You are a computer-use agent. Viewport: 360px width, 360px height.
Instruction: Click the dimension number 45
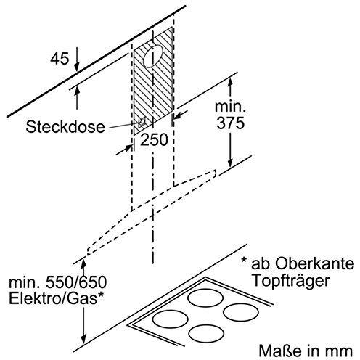click(60, 59)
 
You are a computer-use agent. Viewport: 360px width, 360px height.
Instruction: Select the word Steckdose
click(65, 126)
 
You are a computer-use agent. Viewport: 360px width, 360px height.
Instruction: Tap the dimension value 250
click(154, 139)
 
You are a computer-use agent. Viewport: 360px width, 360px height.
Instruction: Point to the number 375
click(230, 123)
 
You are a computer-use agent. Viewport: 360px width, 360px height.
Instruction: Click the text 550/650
click(76, 282)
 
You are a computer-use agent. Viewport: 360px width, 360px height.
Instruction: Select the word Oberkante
click(314, 263)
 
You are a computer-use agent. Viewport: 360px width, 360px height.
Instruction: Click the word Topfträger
click(291, 280)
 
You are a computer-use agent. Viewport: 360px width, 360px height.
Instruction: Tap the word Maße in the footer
click(277, 351)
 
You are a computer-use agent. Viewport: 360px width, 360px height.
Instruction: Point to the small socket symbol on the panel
click(142, 123)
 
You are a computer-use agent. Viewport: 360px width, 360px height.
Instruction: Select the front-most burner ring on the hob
click(206, 333)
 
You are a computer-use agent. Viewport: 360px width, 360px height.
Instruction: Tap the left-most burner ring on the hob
click(171, 319)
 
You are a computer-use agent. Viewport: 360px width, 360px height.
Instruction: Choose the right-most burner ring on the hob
click(241, 313)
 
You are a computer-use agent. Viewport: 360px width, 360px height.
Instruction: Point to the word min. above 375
click(230, 107)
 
